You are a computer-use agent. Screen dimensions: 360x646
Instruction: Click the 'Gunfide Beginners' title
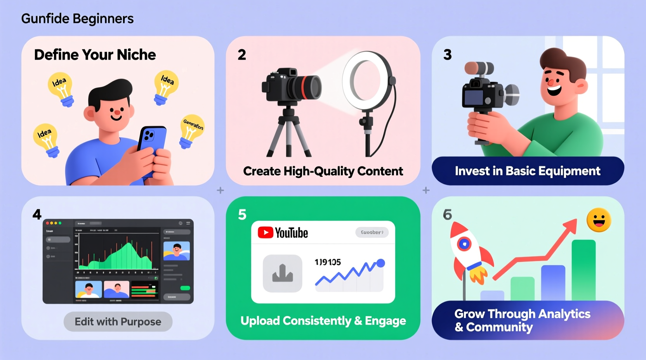coord(77,19)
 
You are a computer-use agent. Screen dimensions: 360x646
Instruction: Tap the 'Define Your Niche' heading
coord(95,55)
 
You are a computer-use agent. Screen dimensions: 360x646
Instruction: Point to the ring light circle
coord(366,81)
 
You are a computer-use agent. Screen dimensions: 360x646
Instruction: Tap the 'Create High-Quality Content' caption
coord(323,171)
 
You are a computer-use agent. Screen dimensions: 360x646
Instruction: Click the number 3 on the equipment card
coord(447,55)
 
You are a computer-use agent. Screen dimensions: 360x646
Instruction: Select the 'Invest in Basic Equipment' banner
coord(528,171)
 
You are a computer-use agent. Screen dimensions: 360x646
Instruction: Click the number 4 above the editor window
coord(37,215)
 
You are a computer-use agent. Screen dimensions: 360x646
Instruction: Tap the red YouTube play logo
coord(266,232)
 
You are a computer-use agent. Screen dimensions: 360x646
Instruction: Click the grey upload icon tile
coord(282,273)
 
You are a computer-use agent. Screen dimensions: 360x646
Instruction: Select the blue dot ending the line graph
coord(381,263)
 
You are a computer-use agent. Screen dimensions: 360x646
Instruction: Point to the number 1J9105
coord(328,262)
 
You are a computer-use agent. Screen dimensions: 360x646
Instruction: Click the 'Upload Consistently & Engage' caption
coord(323,321)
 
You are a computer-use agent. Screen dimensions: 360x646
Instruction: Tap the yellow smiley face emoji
coord(599,220)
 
